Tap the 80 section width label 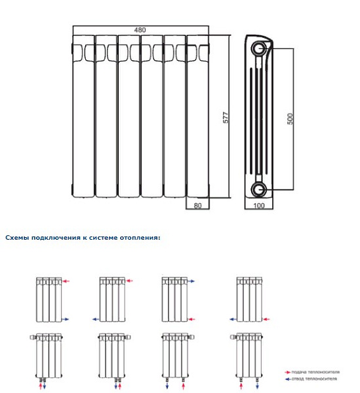197,206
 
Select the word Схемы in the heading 16,237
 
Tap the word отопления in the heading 140,237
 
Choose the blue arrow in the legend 288,379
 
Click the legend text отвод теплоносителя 315,379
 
